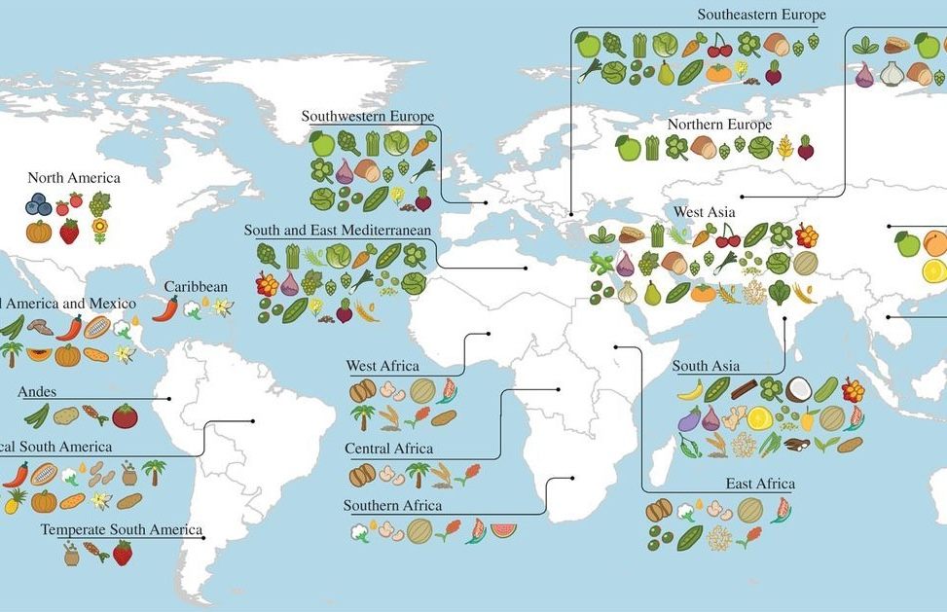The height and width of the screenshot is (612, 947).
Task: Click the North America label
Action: tap(74, 178)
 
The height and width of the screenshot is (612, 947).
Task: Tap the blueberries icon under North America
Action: tap(38, 204)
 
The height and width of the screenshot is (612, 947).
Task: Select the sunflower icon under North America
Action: tap(99, 231)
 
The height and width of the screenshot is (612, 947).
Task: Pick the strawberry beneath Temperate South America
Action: tap(122, 553)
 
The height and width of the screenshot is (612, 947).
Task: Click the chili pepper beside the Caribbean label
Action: tap(164, 308)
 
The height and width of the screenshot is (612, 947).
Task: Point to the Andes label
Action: tap(37, 392)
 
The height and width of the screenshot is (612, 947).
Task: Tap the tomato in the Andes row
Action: tap(125, 416)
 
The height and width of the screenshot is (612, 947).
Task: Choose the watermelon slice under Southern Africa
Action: tap(503, 531)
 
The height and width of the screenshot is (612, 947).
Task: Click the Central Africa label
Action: tap(389, 449)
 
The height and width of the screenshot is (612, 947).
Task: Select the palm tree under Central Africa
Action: tap(418, 475)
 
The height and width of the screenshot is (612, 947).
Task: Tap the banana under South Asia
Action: tap(690, 390)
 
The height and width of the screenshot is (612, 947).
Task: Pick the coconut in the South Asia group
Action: tap(799, 389)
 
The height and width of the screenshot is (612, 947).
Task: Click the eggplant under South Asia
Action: tap(688, 419)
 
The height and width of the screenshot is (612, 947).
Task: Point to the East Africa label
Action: tap(760, 484)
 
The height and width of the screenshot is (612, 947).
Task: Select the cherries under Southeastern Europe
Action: tap(719, 45)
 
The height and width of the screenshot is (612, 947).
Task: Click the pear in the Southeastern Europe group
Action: tap(666, 72)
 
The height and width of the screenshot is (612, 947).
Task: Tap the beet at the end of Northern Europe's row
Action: tap(805, 148)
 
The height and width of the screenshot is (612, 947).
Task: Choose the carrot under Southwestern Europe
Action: tap(422, 144)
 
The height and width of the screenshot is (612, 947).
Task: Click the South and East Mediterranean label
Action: tap(337, 231)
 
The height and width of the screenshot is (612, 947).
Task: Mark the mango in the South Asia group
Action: tap(807, 419)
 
